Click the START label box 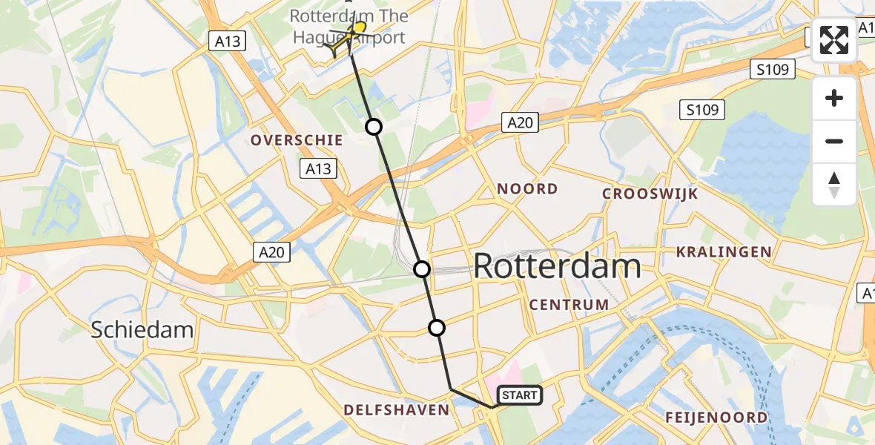point(520,395)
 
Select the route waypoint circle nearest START point(437,327)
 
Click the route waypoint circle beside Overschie point(374,127)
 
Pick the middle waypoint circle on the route point(422,268)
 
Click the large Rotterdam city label point(557,266)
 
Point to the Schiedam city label point(142,330)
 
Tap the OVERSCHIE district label point(297,140)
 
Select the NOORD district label point(527,188)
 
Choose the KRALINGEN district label point(724,252)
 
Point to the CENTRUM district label point(569,304)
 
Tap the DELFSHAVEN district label point(396,409)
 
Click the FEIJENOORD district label point(716,417)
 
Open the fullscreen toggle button point(834,40)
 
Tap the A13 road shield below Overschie point(319,169)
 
